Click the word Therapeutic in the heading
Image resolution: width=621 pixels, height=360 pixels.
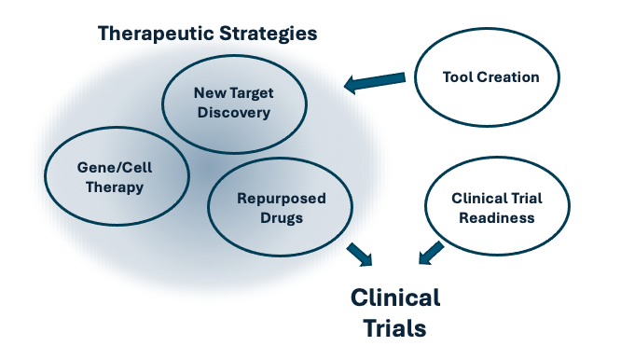point(156,34)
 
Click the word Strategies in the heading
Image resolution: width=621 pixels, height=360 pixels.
point(269,34)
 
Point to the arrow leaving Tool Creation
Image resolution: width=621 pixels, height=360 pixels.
point(375,81)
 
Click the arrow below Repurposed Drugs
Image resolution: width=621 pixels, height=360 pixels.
point(360,255)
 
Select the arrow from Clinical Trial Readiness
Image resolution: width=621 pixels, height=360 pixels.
point(431,253)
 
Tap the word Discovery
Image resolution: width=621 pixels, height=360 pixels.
point(234,113)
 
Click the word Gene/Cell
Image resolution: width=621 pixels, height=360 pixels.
point(115,168)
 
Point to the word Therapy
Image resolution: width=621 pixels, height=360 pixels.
point(115,187)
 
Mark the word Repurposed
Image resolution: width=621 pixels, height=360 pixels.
point(282,199)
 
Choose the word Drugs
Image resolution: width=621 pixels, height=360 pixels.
point(282,218)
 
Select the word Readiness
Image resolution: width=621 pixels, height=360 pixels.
point(497,218)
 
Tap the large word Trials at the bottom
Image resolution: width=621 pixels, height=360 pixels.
point(394,328)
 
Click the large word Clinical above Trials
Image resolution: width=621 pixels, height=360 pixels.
point(395,298)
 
